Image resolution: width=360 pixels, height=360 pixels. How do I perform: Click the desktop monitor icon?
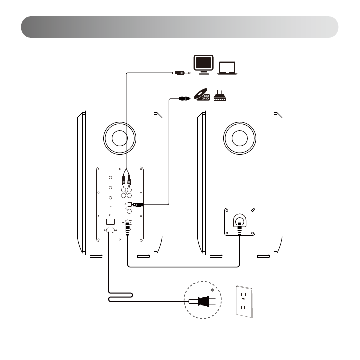click(x=204, y=65)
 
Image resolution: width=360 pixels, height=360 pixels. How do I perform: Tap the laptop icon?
click(x=228, y=67)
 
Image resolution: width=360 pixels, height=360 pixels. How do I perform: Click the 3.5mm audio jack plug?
click(x=179, y=72)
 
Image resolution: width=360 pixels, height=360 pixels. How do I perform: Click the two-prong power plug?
click(x=202, y=301)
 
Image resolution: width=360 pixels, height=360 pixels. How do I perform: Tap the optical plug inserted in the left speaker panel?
click(x=137, y=204)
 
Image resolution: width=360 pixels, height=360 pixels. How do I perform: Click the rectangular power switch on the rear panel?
click(x=111, y=221)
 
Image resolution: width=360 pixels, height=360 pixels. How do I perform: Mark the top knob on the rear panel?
click(x=109, y=177)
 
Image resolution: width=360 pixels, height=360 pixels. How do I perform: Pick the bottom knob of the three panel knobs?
click(x=109, y=198)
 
